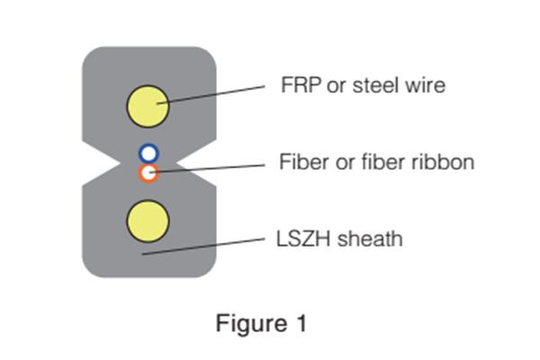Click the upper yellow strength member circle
tap(148, 106)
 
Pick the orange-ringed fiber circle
tap(148, 172)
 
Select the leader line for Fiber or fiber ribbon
tap(216, 168)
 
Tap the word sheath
tap(367, 239)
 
